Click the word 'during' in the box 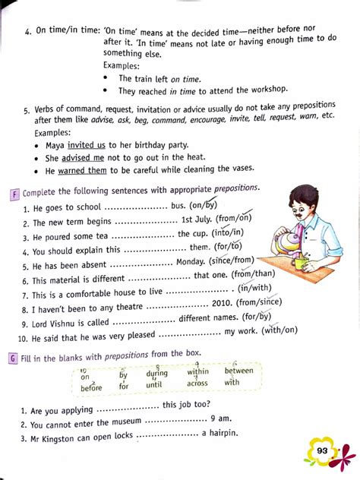[157, 373]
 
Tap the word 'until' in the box [155, 385]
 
